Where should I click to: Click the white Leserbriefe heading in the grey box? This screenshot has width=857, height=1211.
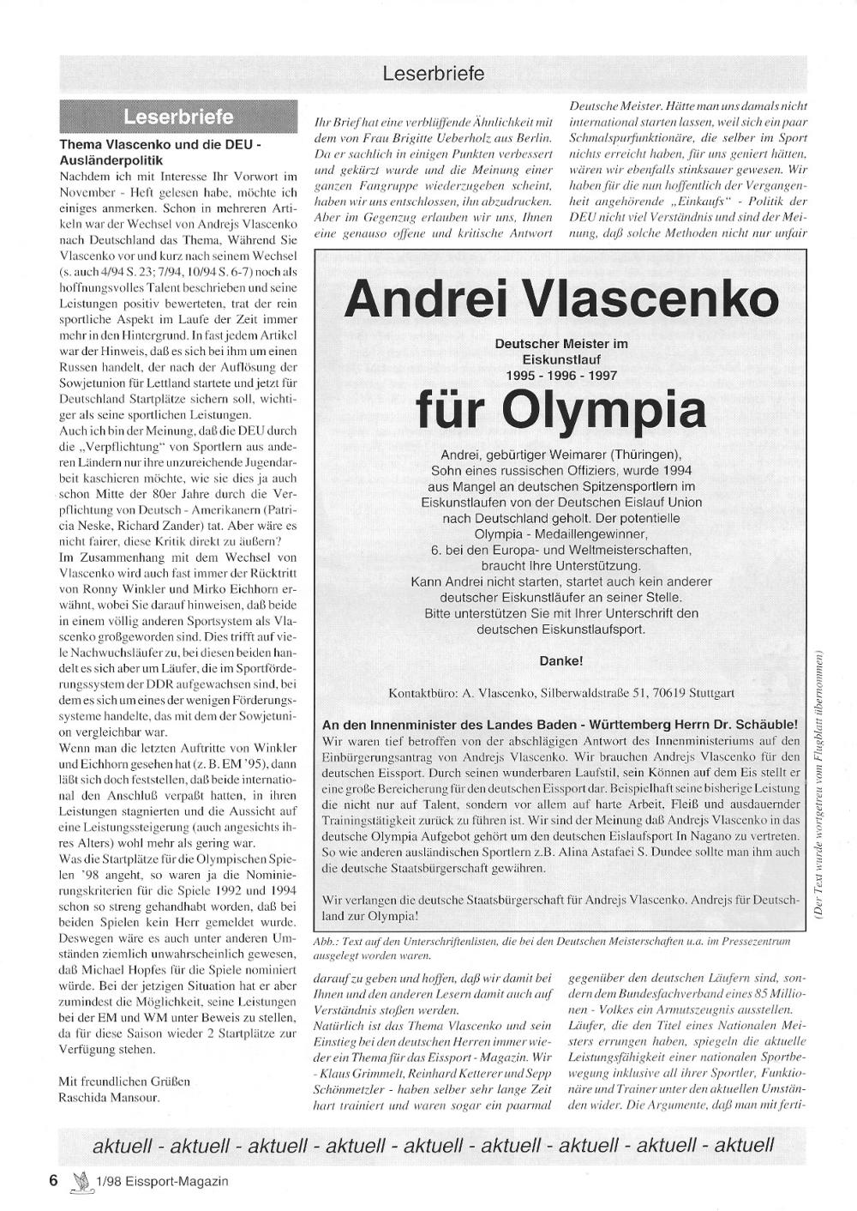[178, 117]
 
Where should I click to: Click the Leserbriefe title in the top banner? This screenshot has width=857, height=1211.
[433, 74]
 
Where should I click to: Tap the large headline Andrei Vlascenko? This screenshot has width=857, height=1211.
[561, 299]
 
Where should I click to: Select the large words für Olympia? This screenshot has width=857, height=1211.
[561, 410]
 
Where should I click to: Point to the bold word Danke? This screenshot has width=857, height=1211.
[561, 661]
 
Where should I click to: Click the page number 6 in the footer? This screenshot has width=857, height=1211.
[53, 1181]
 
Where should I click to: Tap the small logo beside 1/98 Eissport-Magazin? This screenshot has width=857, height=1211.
[81, 1182]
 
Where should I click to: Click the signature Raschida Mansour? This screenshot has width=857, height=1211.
[109, 1096]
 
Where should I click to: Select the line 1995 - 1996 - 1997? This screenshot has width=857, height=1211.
[561, 376]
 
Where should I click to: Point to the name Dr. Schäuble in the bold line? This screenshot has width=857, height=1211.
[759, 725]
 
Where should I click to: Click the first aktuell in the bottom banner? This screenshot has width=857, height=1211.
[123, 1146]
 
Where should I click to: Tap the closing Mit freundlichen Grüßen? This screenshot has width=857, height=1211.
[124, 1081]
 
